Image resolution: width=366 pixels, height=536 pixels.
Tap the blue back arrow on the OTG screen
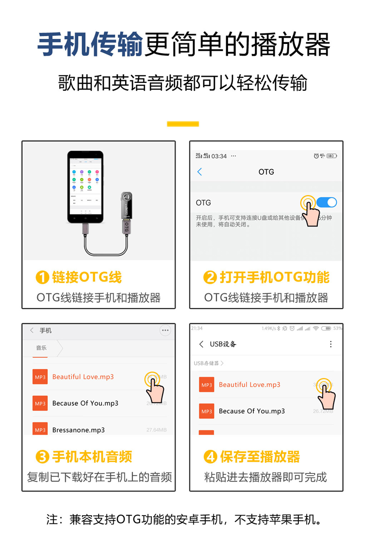pos(200,172)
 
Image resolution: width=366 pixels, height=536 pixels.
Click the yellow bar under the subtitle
pos(183,124)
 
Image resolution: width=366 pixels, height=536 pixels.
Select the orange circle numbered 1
pos(42,277)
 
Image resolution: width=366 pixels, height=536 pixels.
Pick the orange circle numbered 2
pos(210,277)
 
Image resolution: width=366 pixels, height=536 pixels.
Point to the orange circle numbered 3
pos(42,457)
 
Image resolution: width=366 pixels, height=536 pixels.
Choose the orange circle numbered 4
pos(210,457)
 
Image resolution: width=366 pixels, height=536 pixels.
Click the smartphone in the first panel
pos(85,187)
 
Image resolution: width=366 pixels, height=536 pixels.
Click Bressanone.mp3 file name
pos(78,430)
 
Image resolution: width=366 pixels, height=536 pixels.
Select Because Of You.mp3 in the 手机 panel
pos(85,404)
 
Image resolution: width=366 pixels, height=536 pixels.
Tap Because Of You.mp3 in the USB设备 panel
pos(252,411)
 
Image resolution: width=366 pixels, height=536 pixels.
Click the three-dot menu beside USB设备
pos(331,344)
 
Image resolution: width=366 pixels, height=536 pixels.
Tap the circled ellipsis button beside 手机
pos(165,330)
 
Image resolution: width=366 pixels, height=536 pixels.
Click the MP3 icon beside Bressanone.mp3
pos(40,429)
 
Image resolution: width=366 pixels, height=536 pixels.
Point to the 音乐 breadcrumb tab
pos(41,348)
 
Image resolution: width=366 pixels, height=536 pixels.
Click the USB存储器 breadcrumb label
pos(207,363)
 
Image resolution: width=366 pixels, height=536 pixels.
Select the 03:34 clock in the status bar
pos(219,156)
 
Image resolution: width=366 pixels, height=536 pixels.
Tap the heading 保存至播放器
pos(260,457)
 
